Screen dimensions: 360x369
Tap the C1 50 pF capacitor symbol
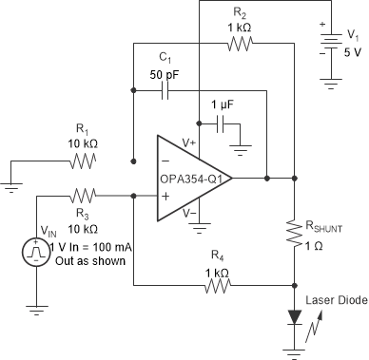[166, 91]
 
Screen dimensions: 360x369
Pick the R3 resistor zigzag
[84, 197]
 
